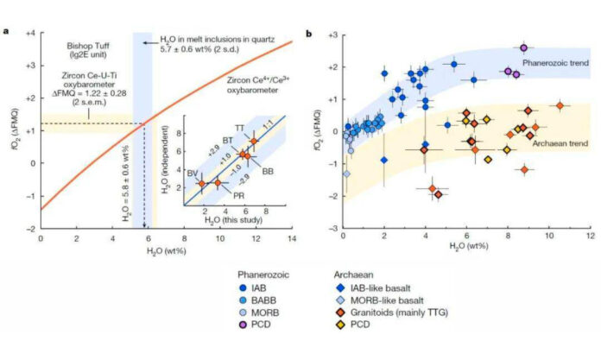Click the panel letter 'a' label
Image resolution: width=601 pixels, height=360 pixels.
click(7, 33)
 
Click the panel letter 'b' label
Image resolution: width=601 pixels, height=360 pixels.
click(310, 33)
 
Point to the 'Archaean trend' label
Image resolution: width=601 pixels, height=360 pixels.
click(547, 142)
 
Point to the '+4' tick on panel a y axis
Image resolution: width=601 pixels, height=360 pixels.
click(28, 33)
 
